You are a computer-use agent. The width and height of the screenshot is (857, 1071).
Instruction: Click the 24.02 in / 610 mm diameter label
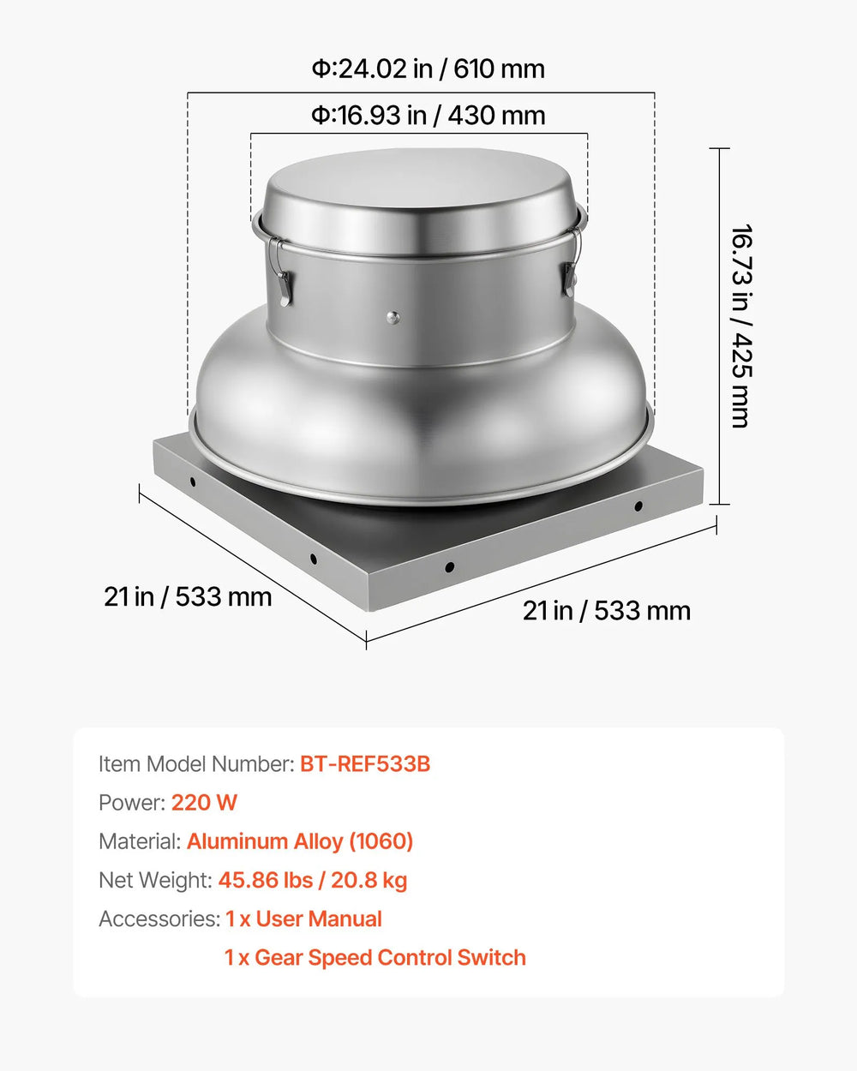point(428,69)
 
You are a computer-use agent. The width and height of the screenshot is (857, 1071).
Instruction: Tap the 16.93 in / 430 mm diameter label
point(428,115)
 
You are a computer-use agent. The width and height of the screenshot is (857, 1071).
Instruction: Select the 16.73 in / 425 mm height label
point(741,326)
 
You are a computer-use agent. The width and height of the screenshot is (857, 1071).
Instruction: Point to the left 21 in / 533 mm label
point(188,596)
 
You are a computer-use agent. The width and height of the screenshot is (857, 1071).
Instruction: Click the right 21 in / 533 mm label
point(607,611)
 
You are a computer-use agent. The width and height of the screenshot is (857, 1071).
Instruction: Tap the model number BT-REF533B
point(365,763)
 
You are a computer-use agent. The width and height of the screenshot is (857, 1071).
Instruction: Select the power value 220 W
point(204,803)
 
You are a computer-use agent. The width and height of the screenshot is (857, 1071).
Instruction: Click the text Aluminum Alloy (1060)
point(300,841)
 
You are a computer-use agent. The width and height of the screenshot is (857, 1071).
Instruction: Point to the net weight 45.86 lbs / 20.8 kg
point(313,880)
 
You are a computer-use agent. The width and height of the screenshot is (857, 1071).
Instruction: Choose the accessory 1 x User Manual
point(303,919)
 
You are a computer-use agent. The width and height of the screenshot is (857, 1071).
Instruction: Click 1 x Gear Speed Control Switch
point(375,958)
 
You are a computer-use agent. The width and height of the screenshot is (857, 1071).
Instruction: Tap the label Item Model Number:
point(196,763)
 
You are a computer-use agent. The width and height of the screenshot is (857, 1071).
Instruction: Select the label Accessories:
point(159,919)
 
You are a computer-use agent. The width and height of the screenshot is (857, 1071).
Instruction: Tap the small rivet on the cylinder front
point(393,318)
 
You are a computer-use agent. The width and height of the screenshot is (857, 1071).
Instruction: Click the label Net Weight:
point(155,880)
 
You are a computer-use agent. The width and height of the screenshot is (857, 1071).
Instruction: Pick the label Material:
point(140,841)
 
